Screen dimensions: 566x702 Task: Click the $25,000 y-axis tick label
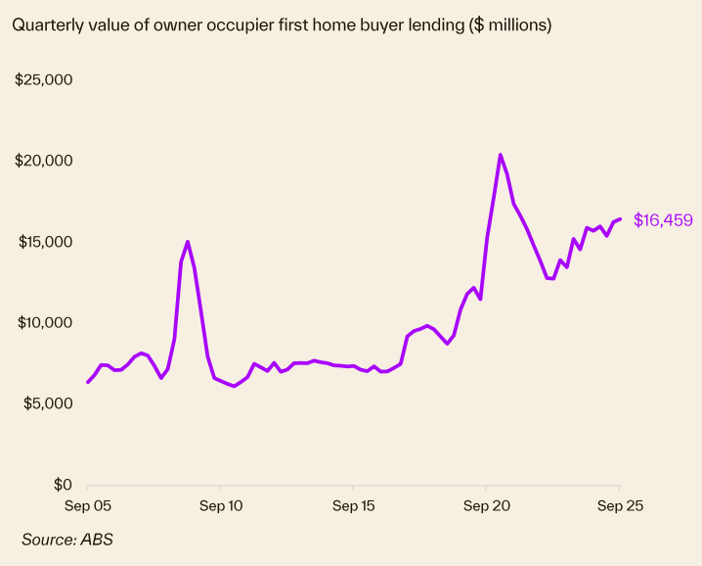[x=45, y=79]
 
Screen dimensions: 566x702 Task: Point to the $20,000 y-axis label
[x=45, y=161]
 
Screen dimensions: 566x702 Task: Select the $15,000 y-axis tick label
[x=45, y=242]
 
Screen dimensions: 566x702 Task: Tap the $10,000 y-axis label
[x=45, y=323]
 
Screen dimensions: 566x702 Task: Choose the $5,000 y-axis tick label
[x=48, y=403]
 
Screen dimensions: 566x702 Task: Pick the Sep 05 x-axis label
[x=87, y=506]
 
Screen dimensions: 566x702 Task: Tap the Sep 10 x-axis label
[x=220, y=506]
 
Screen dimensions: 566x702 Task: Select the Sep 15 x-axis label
[x=353, y=506]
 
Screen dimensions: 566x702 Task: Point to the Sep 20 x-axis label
[x=486, y=506]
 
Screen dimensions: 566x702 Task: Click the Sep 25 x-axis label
[x=619, y=506]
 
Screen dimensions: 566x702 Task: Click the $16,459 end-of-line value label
[x=663, y=220]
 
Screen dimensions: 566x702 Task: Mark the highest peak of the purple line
[x=501, y=155]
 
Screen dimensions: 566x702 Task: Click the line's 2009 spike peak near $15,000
[x=187, y=242]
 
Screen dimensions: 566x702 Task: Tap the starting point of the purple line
[x=88, y=382]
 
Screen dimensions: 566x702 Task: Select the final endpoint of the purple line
[x=620, y=218]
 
